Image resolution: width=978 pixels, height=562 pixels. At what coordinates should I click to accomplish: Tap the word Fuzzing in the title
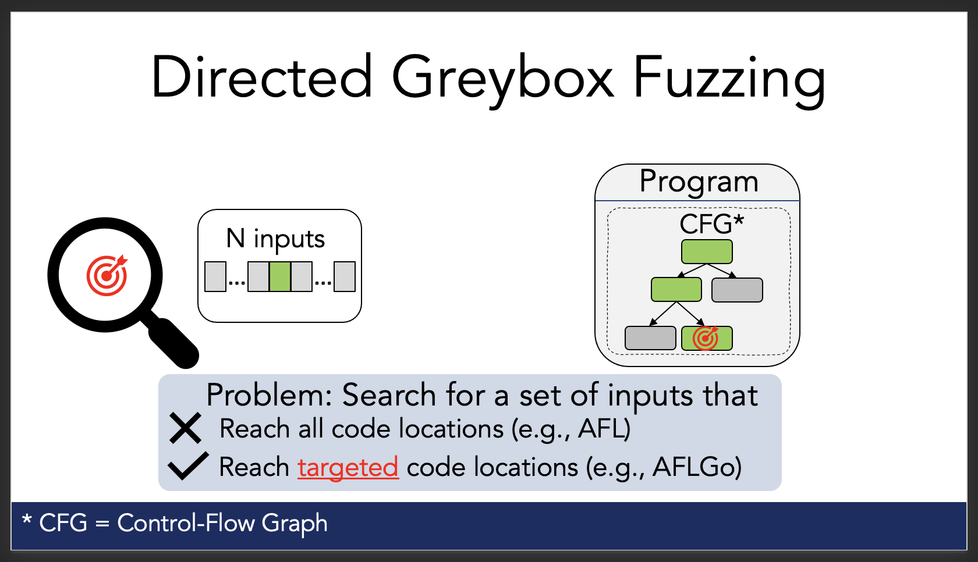tap(729, 79)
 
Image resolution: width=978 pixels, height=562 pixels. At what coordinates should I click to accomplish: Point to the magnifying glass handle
tap(173, 342)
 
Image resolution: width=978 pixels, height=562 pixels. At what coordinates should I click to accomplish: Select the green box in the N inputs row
tap(280, 276)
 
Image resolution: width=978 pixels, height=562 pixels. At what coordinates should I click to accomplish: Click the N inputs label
tap(275, 239)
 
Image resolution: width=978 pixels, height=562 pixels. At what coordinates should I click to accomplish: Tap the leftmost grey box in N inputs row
tap(215, 276)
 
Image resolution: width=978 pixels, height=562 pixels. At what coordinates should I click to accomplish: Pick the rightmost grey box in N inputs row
tap(345, 276)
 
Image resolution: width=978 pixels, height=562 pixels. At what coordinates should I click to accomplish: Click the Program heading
tap(699, 182)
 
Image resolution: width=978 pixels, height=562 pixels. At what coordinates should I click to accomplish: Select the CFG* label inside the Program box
tap(711, 224)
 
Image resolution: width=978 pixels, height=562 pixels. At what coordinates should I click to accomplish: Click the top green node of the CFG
tap(707, 252)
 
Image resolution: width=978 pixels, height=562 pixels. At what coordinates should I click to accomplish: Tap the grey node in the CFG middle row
tap(737, 290)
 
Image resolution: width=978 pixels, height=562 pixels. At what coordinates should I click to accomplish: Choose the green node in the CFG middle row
tap(676, 290)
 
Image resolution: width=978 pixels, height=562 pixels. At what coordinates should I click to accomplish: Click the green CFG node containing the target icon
tap(707, 338)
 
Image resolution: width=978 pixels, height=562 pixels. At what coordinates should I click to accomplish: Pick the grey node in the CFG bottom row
tap(650, 338)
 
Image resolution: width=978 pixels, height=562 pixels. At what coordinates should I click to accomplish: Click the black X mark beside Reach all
tap(185, 429)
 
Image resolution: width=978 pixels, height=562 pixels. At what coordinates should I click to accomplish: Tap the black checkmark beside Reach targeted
tap(187, 466)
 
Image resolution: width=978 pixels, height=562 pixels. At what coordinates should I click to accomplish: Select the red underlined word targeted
tap(348, 467)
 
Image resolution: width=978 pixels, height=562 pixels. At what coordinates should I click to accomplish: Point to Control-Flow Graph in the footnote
tap(222, 523)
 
